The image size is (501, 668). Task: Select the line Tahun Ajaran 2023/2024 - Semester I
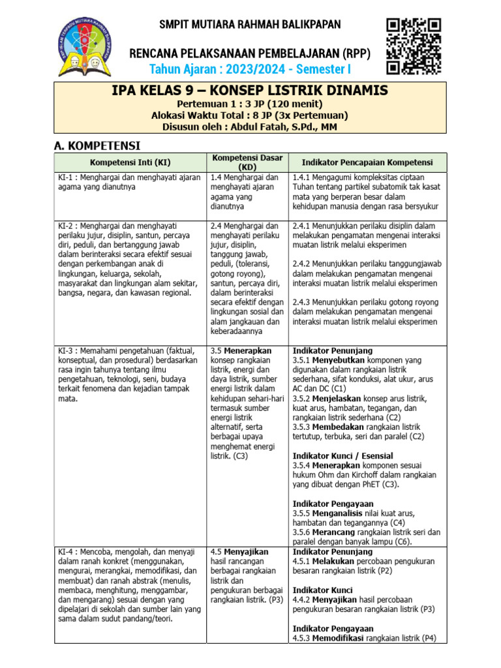click(250, 69)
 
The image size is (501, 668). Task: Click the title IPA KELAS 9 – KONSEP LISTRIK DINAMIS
click(250, 91)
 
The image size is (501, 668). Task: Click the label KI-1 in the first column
click(66, 177)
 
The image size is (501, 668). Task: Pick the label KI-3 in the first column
click(66, 350)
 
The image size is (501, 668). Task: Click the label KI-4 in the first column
click(66, 551)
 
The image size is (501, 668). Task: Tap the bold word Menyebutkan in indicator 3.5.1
click(339, 359)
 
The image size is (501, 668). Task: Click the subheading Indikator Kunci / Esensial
click(342, 455)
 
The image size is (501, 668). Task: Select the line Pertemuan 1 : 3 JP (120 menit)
click(250, 104)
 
